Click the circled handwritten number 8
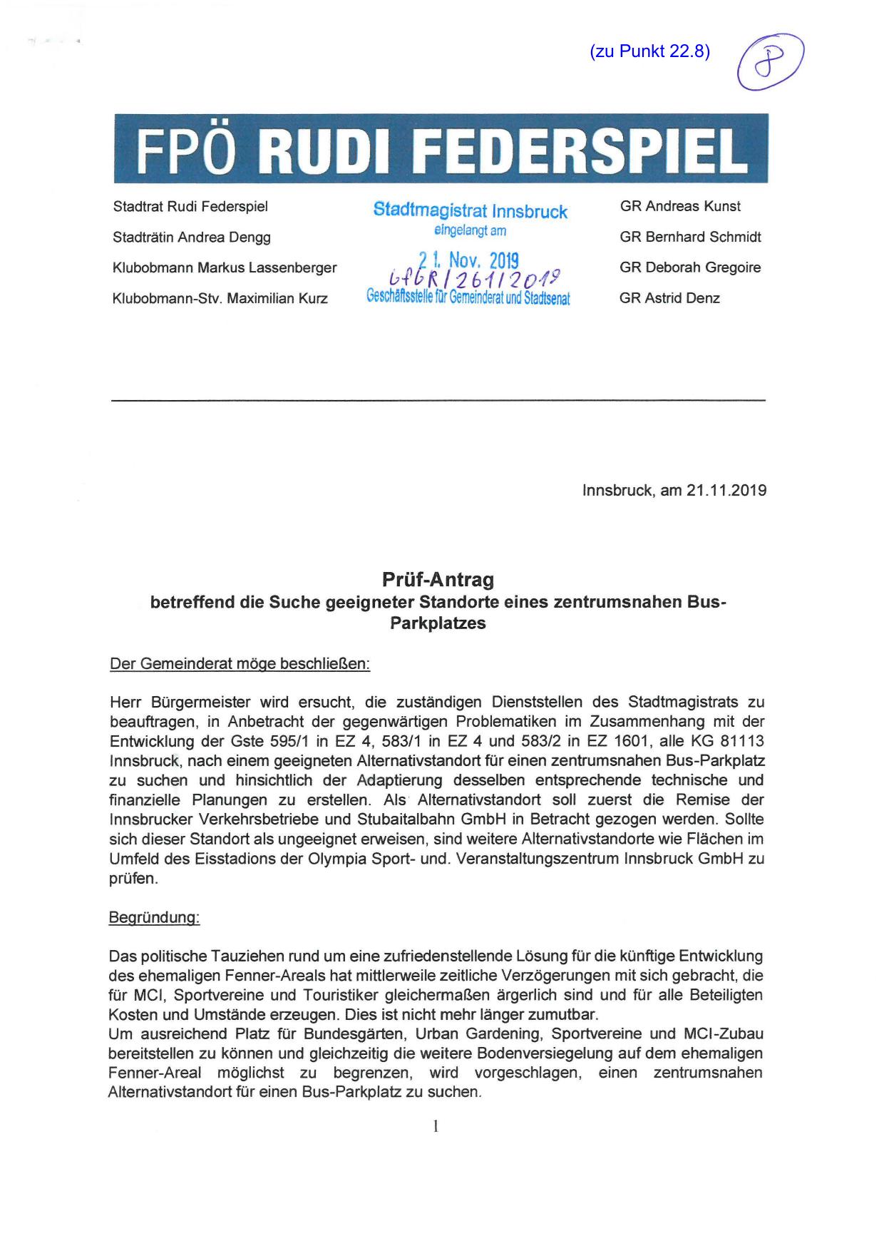click(771, 61)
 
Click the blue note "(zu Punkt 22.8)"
click(649, 51)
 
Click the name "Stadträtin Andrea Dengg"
click(192, 238)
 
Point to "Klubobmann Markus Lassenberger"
click(225, 268)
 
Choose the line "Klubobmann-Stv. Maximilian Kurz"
click(220, 299)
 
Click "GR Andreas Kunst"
click(680, 206)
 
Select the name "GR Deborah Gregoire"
click(690, 267)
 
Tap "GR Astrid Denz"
click(669, 298)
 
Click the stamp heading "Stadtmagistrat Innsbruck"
click(471, 211)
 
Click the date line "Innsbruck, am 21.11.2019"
click(674, 491)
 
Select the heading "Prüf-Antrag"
click(438, 579)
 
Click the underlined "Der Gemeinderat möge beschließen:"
click(240, 664)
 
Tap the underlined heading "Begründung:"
click(154, 918)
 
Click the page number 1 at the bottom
click(436, 1126)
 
